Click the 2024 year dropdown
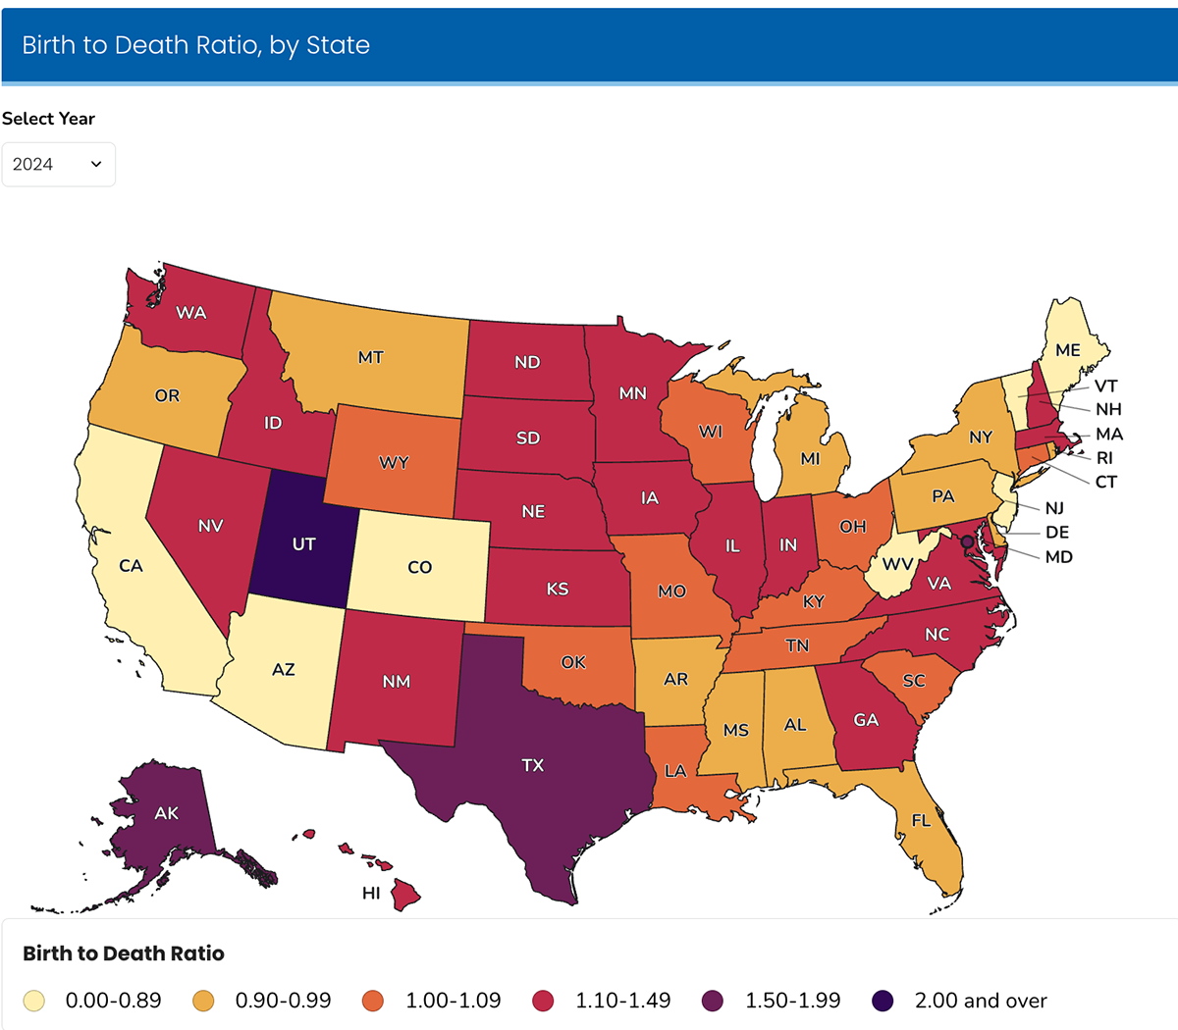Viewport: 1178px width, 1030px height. click(58, 164)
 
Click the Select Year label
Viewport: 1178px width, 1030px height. click(48, 119)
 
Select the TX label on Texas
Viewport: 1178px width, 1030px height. click(533, 765)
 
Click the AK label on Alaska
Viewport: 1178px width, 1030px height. click(167, 813)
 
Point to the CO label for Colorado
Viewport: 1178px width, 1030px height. click(419, 567)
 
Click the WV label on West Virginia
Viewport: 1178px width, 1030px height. click(897, 565)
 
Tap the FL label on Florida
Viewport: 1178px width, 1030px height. click(921, 820)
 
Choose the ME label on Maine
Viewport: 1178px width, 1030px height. click(1067, 350)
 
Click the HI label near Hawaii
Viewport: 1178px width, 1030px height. click(371, 894)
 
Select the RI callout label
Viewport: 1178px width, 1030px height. click(1104, 458)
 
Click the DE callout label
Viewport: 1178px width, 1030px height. click(1056, 533)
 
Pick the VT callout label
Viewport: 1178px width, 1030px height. click(1105, 386)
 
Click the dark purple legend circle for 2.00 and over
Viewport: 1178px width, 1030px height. click(883, 1001)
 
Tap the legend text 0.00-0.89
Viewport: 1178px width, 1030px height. click(113, 1001)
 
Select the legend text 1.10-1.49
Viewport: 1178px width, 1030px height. click(622, 1001)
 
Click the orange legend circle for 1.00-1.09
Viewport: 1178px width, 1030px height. click(374, 1001)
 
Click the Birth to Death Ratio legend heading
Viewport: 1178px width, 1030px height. click(124, 953)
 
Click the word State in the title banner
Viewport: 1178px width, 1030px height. click(338, 45)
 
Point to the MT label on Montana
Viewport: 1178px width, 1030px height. click(370, 358)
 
